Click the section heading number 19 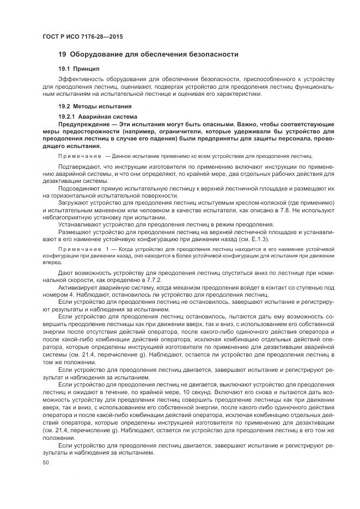62,54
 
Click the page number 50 46,462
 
